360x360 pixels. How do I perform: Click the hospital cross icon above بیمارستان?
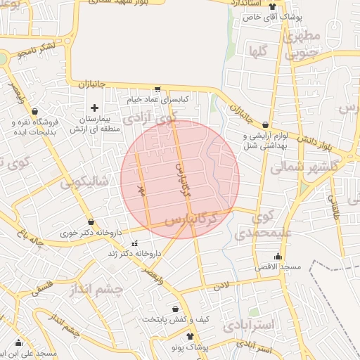tap(95, 108)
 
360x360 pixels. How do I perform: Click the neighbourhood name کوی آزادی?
tap(150, 120)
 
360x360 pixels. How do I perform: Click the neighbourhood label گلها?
tap(257, 51)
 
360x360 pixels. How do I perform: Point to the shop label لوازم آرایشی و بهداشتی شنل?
tap(266, 141)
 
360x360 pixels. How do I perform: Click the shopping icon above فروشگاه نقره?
tap(34, 111)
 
